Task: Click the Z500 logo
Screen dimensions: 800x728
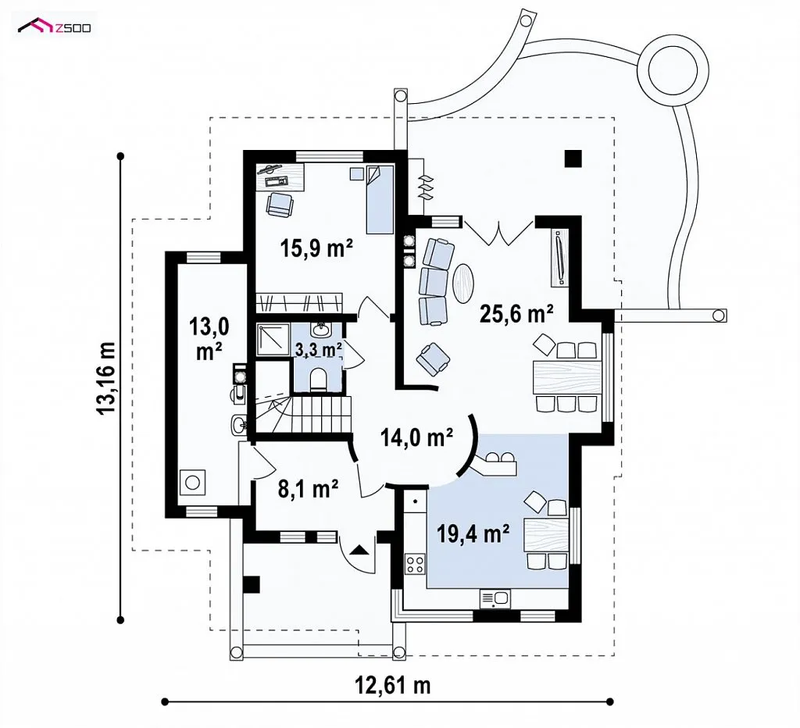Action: (x=55, y=26)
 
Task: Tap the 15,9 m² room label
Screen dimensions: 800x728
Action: (x=316, y=248)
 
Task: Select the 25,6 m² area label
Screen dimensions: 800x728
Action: (x=517, y=313)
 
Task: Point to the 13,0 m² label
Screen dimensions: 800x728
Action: (x=209, y=337)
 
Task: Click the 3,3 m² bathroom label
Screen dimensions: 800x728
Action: (x=319, y=349)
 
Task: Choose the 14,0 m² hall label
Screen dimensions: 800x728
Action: (x=417, y=437)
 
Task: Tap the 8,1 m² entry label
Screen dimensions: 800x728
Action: (x=308, y=489)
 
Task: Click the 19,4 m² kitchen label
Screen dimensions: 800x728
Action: (x=473, y=534)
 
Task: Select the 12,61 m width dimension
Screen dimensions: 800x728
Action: (x=394, y=684)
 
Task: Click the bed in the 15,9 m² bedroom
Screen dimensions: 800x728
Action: (x=380, y=199)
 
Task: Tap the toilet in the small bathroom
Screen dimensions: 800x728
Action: (x=319, y=379)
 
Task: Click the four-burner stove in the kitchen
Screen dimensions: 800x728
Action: (x=414, y=564)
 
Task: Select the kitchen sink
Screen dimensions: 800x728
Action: (x=495, y=599)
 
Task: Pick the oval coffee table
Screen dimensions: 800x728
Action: (x=465, y=283)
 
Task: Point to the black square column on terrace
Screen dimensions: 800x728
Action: (x=573, y=159)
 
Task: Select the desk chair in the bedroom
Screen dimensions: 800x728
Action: (x=280, y=205)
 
